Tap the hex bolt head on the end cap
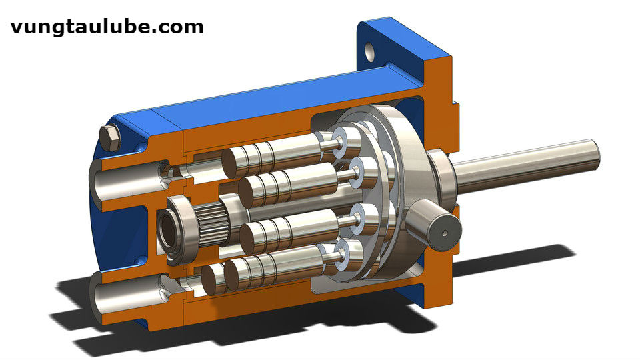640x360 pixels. pyautogui.click(x=110, y=138)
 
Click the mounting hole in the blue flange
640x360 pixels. pyautogui.click(x=370, y=51)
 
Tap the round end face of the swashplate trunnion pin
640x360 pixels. pyautogui.click(x=445, y=233)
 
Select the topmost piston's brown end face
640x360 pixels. pyautogui.click(x=230, y=164)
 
